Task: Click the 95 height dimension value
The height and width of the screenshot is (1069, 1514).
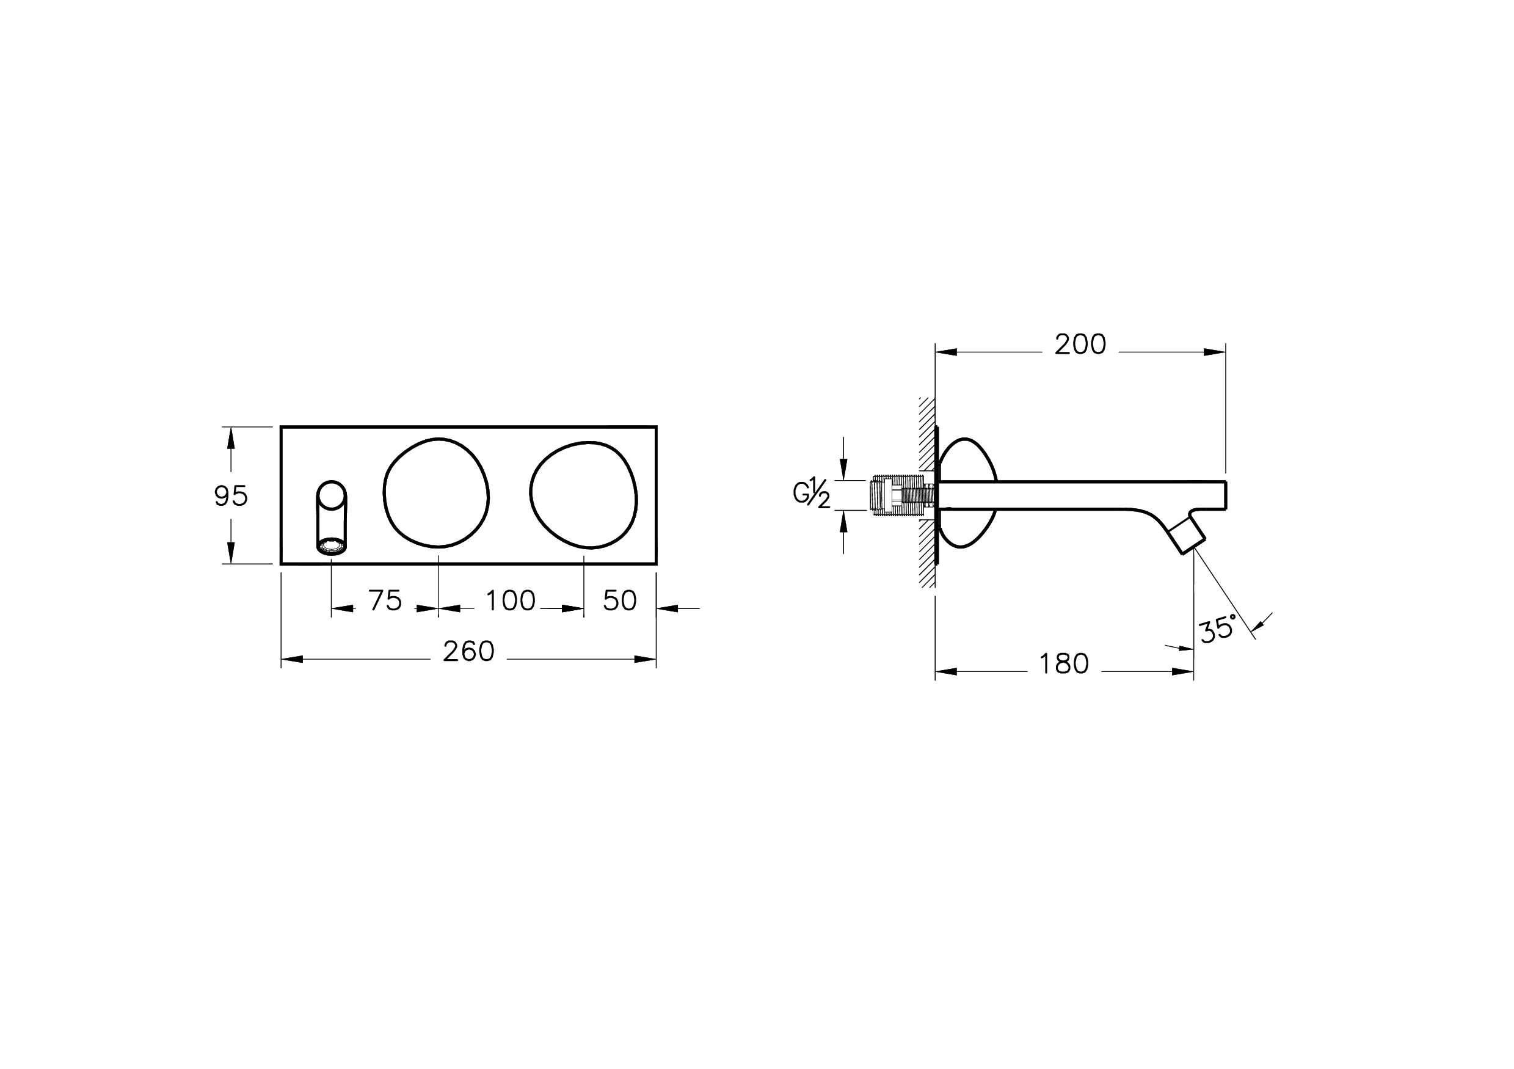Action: (x=231, y=496)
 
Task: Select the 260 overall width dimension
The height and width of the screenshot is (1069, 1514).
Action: (x=468, y=652)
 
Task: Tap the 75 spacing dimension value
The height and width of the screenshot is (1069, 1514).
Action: (x=385, y=600)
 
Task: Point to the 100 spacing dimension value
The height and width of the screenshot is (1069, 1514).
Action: (x=511, y=600)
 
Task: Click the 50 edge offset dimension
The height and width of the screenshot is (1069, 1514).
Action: (x=620, y=600)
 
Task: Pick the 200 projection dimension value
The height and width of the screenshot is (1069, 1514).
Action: (x=1080, y=345)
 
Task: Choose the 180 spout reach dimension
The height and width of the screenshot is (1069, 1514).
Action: (x=1064, y=664)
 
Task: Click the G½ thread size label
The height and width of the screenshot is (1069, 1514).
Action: (x=812, y=495)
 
